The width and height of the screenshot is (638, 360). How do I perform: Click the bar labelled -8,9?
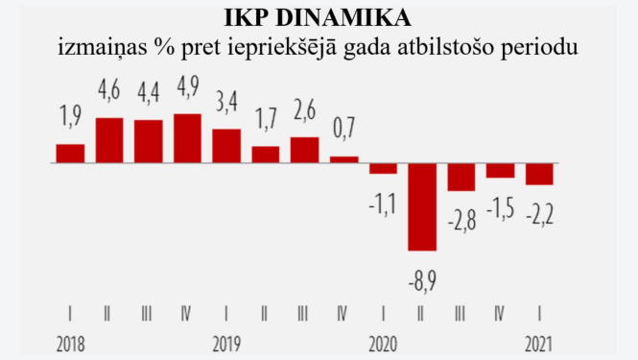click(x=422, y=207)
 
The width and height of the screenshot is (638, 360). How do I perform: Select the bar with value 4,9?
click(x=187, y=139)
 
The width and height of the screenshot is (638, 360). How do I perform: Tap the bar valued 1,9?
click(x=70, y=154)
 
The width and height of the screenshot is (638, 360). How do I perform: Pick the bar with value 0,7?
click(x=343, y=160)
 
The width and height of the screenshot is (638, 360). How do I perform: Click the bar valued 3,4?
click(x=226, y=146)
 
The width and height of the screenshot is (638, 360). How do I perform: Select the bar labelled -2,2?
click(x=539, y=174)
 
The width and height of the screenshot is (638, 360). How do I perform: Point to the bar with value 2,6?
click(x=304, y=151)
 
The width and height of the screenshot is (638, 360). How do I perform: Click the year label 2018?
click(x=72, y=343)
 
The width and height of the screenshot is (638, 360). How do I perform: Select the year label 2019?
click(x=226, y=343)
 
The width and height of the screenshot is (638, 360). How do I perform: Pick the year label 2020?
click(x=384, y=343)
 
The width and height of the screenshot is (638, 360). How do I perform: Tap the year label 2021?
click(x=539, y=343)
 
